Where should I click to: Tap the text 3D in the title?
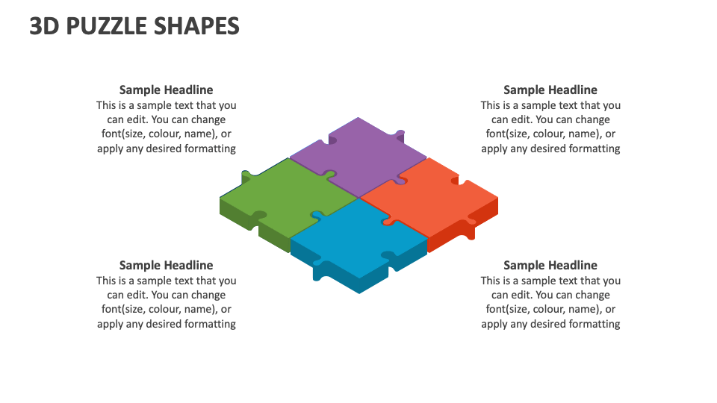[x=45, y=26]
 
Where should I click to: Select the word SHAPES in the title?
[x=196, y=26]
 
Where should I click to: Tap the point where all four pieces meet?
[x=359, y=198]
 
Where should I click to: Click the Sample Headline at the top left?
[x=166, y=90]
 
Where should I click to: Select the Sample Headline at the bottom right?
[x=550, y=265]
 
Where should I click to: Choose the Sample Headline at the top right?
[x=550, y=90]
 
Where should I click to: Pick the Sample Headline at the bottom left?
[x=166, y=265]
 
